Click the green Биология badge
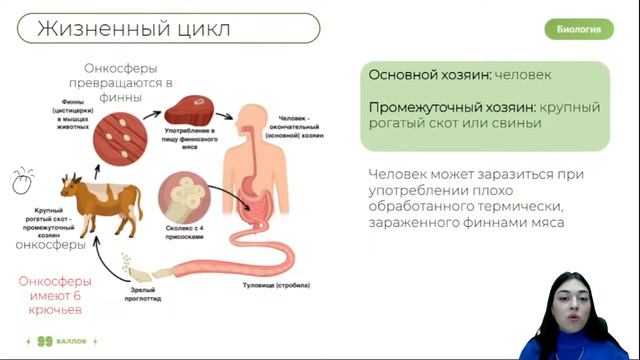579,29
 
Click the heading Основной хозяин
429,75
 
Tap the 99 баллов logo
66,341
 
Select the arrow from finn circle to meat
151,111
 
